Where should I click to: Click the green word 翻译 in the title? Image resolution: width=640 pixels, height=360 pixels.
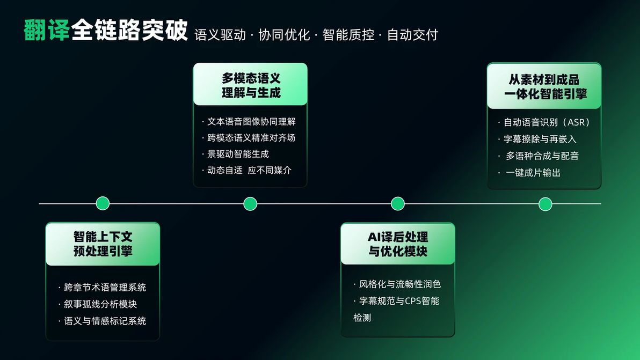47,30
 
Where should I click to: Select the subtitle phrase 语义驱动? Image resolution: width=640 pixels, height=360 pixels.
221,35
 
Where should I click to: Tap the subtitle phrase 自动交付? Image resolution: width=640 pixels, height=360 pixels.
412,35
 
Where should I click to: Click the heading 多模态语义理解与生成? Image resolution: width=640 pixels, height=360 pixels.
251,85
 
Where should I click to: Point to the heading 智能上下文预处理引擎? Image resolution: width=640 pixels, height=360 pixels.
103,244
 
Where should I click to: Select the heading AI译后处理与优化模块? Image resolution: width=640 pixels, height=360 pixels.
398,244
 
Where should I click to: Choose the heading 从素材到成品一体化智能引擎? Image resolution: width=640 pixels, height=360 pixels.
545,86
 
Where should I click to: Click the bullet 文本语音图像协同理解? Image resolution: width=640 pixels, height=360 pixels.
251,121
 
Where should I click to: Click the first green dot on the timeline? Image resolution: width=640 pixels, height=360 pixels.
103,203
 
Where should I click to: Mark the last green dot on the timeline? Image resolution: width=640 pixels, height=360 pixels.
546,204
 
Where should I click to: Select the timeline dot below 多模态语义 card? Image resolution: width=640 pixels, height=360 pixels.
250,203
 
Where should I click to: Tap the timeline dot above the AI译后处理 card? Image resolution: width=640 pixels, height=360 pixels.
397,203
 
